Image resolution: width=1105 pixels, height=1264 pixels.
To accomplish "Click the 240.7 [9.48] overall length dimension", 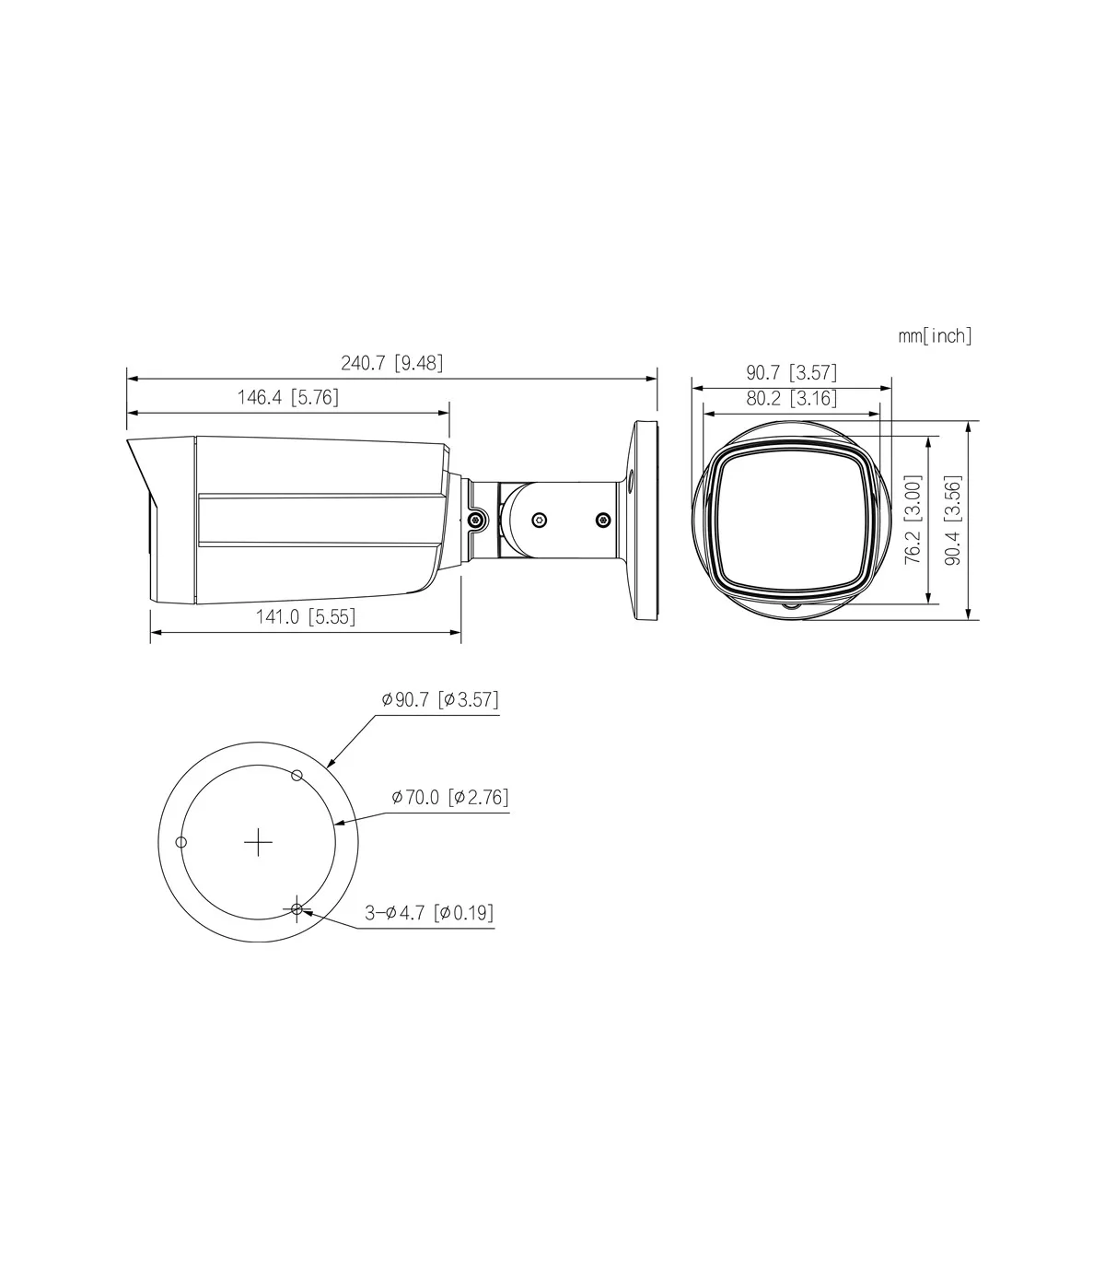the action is coord(392,363).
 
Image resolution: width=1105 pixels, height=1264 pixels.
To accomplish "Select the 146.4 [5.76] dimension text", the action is coord(288,397).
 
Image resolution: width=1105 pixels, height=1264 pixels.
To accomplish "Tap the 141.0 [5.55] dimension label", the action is coord(306,616).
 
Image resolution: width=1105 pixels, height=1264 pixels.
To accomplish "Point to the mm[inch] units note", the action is coord(935,336).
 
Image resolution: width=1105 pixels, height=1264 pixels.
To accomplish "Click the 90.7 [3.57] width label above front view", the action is coord(791,372).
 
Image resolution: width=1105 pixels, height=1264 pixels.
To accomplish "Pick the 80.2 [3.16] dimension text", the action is coord(791,399).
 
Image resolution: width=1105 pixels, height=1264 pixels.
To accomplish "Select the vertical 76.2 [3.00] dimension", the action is coord(913,519).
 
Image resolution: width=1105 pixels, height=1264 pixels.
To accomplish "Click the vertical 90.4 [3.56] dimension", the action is coord(953,521).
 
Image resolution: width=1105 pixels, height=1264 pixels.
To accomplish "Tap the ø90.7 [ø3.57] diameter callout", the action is coord(440,699).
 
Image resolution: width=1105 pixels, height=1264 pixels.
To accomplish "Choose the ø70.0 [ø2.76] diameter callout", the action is coord(450,797).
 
